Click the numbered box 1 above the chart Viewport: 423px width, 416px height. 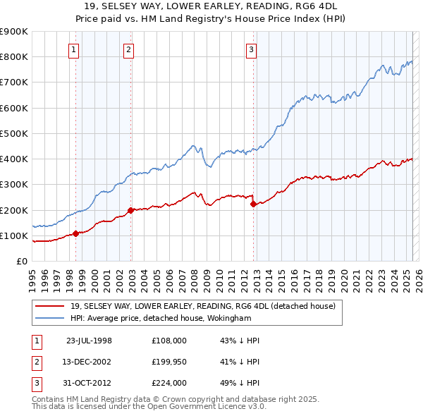(74, 49)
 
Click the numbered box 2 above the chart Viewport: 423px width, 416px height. (129, 49)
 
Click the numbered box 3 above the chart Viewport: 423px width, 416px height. (252, 49)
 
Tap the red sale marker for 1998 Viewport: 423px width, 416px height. (76, 233)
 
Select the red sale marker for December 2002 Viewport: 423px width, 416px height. (131, 210)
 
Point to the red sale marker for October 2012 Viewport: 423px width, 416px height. (253, 204)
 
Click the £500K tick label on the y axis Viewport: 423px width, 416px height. (13, 133)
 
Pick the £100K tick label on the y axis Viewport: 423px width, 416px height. (13, 235)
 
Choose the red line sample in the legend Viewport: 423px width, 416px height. (50, 306)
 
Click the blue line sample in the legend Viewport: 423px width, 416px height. (50, 318)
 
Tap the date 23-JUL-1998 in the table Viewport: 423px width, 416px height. (89, 340)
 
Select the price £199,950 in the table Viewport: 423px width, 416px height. (169, 362)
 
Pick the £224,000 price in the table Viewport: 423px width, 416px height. (169, 384)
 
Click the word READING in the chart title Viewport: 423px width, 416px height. (266, 5)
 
